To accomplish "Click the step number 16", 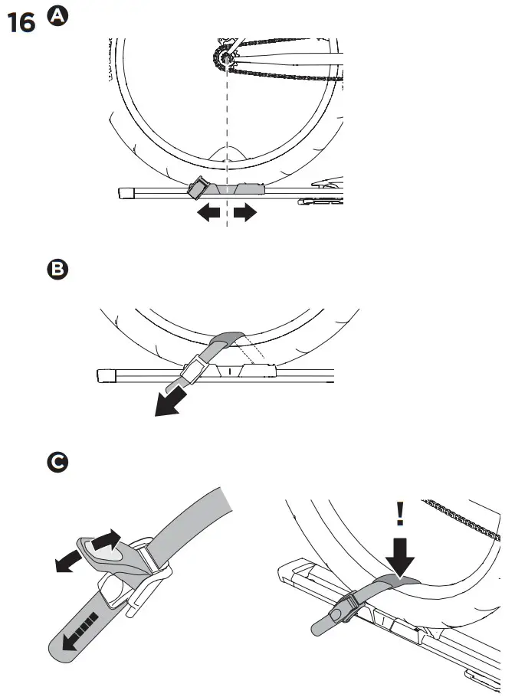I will click(x=21, y=24).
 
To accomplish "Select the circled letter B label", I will click(x=57, y=270).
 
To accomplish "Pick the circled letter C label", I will click(x=57, y=463).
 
